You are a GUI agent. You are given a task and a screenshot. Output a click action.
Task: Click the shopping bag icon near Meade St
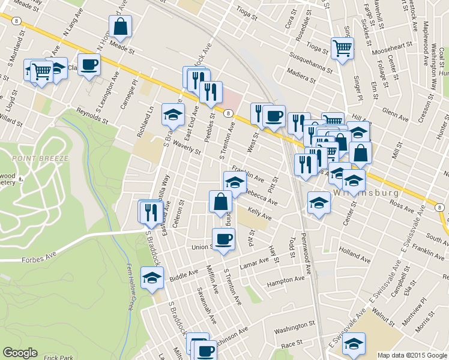[x=121, y=26]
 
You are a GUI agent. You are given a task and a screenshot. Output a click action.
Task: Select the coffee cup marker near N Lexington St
[x=89, y=64]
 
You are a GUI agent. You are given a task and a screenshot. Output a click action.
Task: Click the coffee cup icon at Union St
[x=224, y=239]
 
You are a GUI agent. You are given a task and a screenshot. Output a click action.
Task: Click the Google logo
[x=20, y=353]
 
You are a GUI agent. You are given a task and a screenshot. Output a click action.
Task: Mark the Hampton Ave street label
[x=286, y=281]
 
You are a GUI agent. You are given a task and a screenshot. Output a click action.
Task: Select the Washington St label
[x=294, y=328]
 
